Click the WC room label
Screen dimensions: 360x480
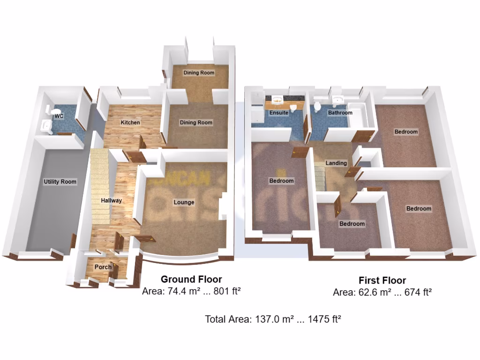[59, 116]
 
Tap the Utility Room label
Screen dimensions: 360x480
[60, 181]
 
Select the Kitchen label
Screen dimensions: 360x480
[130, 122]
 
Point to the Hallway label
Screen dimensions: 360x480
[112, 200]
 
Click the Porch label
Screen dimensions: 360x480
[103, 267]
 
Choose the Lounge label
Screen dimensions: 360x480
[184, 202]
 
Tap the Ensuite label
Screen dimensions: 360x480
[278, 113]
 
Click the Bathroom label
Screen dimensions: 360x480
[340, 113]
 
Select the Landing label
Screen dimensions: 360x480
[337, 163]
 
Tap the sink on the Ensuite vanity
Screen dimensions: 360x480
[277, 99]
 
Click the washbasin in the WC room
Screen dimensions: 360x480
[46, 125]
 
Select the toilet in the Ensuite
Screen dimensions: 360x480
[293, 108]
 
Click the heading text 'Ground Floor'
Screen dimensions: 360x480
[191, 279]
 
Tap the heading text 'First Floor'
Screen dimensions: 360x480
[382, 281]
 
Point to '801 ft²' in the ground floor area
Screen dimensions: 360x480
[226, 291]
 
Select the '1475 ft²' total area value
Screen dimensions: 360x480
[323, 320]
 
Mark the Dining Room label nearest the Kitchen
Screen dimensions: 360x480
[196, 122]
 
